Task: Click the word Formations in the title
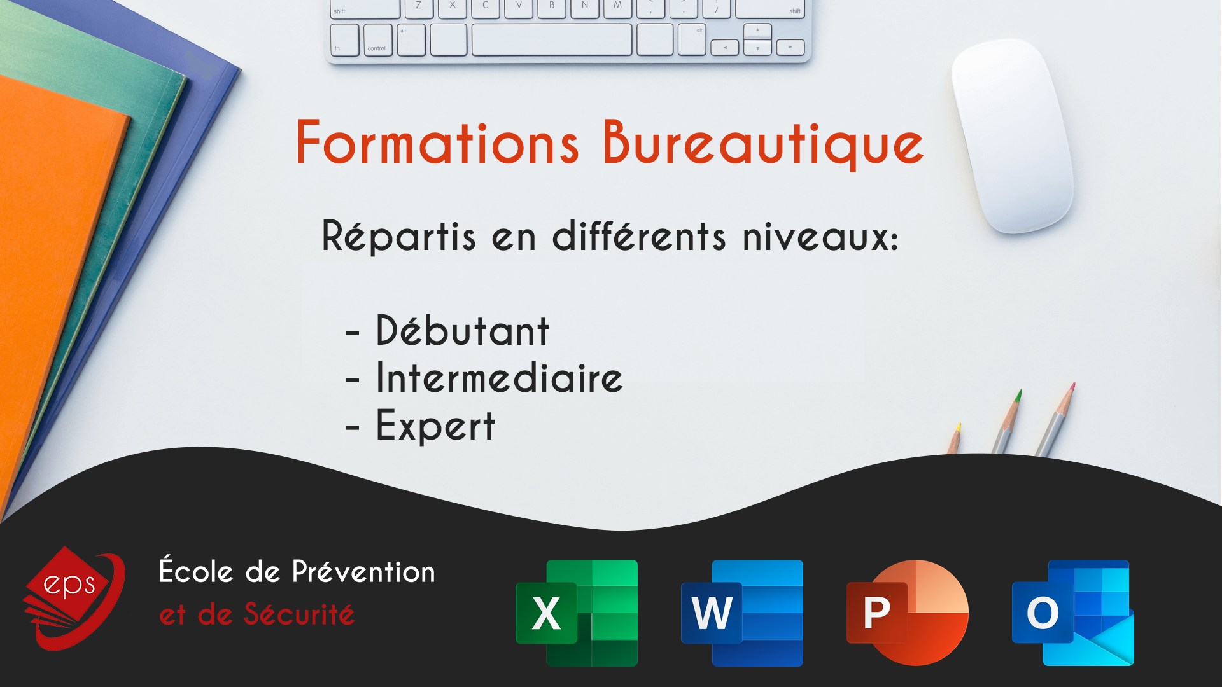click(x=437, y=142)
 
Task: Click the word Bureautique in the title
click(x=763, y=144)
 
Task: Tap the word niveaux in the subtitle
click(x=820, y=237)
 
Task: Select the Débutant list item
click(x=462, y=331)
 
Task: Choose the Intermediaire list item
click(x=500, y=377)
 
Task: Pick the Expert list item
click(x=435, y=426)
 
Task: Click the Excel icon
click(x=577, y=613)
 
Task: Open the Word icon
click(x=742, y=613)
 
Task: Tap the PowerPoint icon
click(x=908, y=613)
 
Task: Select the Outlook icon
click(x=1073, y=613)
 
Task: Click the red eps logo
click(x=74, y=598)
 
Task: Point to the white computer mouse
click(x=1012, y=135)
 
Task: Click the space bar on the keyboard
click(x=552, y=40)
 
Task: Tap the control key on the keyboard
click(x=377, y=40)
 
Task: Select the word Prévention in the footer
click(x=363, y=572)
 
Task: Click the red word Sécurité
click(x=298, y=614)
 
